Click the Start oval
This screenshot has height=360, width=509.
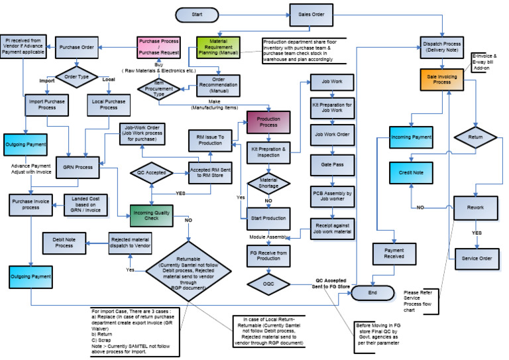pos(197,15)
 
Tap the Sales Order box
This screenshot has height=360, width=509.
pos(311,15)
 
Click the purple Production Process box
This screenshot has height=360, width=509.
pos(270,123)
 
